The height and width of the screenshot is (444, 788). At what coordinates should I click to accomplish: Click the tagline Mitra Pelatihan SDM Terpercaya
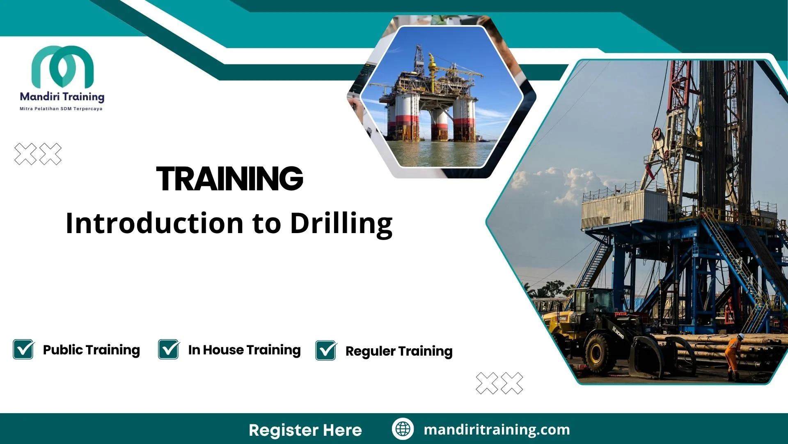[x=61, y=109]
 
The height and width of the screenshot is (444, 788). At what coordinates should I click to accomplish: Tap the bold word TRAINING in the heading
[x=229, y=179]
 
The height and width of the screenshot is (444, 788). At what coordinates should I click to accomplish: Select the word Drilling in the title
[x=341, y=224]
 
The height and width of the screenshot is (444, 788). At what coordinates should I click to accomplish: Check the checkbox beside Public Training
[x=23, y=349]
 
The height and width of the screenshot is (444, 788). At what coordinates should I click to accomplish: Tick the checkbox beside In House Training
[x=169, y=349]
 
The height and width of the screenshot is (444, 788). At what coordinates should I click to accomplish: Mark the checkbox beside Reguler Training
[x=326, y=351]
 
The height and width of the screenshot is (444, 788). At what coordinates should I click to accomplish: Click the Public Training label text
[x=91, y=350]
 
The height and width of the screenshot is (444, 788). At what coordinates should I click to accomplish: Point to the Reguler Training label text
[x=399, y=351]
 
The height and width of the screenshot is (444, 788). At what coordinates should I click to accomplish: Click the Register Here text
[x=305, y=430]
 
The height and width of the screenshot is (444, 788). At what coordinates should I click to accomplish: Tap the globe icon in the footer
[x=403, y=429]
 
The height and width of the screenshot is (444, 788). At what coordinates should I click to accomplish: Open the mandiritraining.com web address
[x=497, y=430]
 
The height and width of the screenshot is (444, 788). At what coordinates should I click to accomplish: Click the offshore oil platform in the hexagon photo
[x=431, y=103]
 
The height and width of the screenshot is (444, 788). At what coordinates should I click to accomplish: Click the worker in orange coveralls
[x=733, y=354]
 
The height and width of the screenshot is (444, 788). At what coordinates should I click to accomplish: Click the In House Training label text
[x=244, y=350]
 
